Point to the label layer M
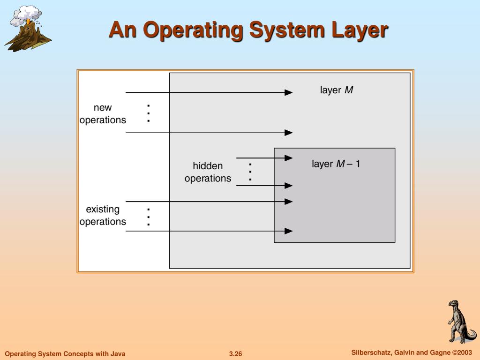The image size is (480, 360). coord(336,90)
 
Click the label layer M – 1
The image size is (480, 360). coord(336,164)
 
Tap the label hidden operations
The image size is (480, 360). coord(208,172)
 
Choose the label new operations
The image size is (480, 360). coord(103,114)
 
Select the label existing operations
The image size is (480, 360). coord(103,215)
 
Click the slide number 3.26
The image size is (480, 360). coord(235,353)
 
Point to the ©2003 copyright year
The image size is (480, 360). coord(462,352)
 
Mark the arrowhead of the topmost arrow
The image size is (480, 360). coord(289,93)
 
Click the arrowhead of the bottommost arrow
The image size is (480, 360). coord(289,231)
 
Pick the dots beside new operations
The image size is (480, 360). coord(148,113)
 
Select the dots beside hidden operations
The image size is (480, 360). coord(250,172)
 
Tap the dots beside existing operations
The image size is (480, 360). coord(148,217)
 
